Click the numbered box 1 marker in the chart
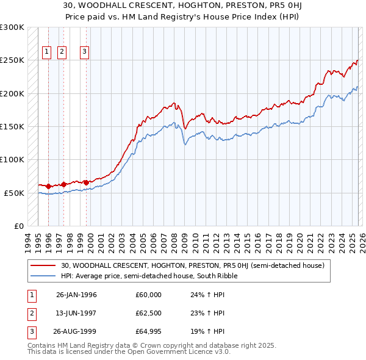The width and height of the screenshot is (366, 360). coord(46,52)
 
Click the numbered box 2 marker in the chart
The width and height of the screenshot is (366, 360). coord(62,52)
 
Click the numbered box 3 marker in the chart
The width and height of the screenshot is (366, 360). coord(84,52)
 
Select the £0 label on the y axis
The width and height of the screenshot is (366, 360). coord(18,226)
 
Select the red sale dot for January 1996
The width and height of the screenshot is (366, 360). coord(49,186)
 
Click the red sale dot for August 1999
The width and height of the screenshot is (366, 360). coord(86,182)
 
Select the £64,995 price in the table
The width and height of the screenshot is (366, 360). coord(149,332)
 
